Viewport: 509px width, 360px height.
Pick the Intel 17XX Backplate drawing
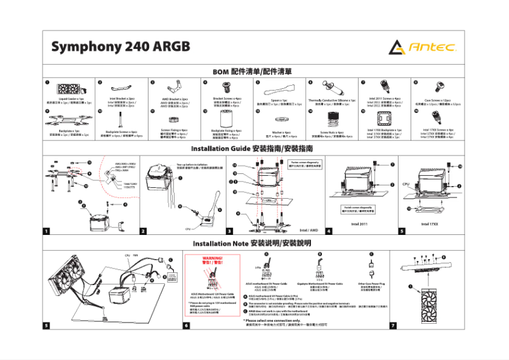coord(383,119)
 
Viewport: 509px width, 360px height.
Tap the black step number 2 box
coord(143,231)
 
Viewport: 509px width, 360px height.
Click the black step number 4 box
coord(329,231)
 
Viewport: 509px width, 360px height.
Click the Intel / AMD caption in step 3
coord(308,230)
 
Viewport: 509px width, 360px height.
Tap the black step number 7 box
coord(393,325)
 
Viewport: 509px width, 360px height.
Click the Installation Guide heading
coord(253,149)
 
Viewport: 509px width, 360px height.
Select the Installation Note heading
coord(253,244)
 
